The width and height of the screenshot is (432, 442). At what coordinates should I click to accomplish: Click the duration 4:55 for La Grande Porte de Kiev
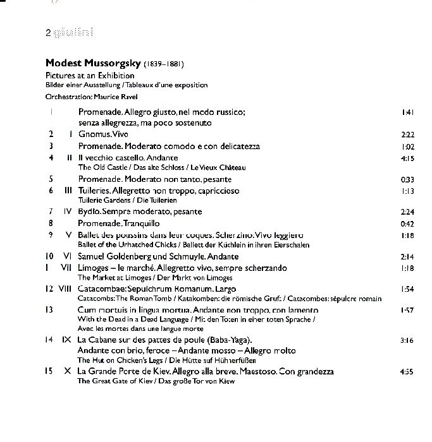(x=407, y=372)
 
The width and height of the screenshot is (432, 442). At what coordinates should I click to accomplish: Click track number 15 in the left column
(x=49, y=372)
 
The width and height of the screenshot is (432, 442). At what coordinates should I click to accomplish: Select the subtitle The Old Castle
(x=99, y=168)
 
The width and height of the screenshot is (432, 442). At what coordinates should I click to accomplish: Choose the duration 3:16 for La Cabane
(x=407, y=340)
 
